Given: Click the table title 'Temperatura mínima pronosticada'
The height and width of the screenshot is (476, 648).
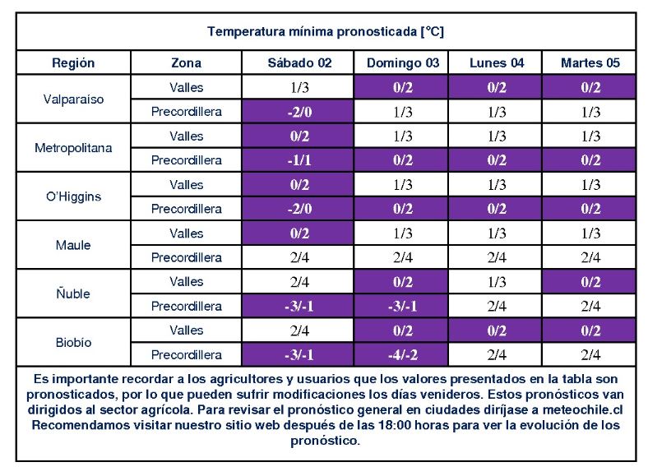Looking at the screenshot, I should point(326,32).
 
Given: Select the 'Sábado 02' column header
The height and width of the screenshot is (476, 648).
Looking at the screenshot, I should point(299,63).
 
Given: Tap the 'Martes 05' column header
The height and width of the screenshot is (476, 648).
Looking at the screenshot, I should point(590,63).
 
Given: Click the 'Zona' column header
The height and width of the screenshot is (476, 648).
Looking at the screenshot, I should point(186,63).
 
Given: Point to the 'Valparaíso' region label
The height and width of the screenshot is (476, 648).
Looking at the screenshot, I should point(73,99).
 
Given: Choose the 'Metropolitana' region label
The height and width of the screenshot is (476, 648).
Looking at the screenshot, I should point(73,148).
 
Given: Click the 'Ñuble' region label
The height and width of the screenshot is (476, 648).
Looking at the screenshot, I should point(73,293).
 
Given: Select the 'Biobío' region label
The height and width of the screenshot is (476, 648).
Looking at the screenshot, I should point(73,342).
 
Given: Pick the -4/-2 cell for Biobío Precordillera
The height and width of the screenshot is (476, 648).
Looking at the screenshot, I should point(403,355).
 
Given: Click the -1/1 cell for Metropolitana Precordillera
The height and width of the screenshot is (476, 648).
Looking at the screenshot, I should point(299,160).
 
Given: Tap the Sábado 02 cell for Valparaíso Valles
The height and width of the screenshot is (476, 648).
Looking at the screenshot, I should point(299,87).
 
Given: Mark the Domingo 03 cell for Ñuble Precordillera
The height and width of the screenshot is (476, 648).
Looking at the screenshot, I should point(403,307).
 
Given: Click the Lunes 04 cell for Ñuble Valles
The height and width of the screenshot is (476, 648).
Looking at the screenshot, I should point(497,282).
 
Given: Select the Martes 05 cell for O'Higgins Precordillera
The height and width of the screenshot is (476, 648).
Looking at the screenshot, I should point(590,209).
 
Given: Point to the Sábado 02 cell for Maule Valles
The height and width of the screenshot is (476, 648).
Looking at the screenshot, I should point(299,233).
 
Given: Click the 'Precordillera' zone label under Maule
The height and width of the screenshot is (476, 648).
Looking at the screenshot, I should point(186,258).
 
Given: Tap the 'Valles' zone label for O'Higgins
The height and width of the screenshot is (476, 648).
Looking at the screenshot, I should point(186,185).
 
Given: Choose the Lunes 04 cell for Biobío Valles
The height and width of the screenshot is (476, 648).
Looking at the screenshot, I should point(497,330).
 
